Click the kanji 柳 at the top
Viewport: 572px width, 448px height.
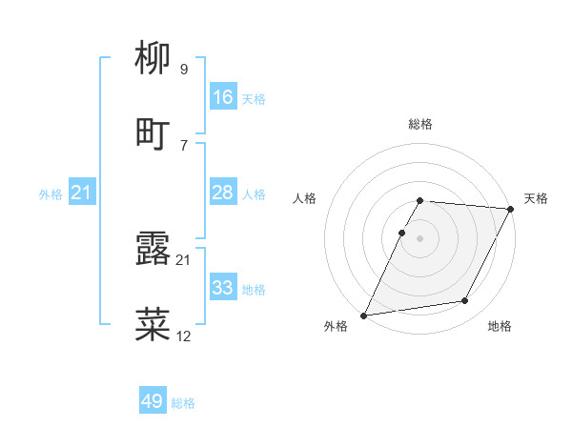(x=153, y=61)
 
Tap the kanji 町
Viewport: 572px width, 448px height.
(x=153, y=134)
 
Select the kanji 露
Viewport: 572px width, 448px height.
(x=153, y=251)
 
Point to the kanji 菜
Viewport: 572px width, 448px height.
(x=153, y=324)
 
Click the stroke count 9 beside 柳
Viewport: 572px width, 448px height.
(x=184, y=70)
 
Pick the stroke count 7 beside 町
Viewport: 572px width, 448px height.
(x=184, y=144)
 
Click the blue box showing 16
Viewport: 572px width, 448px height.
(x=223, y=97)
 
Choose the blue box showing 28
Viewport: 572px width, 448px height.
(x=223, y=193)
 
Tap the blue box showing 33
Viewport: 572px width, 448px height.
(x=223, y=288)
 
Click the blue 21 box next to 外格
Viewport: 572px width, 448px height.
(x=82, y=193)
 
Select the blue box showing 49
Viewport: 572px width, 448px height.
(x=153, y=402)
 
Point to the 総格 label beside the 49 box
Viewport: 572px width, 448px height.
(x=183, y=403)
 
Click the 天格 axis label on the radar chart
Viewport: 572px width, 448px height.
(x=536, y=198)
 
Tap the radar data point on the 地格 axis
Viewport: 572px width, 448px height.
(x=465, y=301)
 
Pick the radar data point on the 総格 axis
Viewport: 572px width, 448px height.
(x=419, y=200)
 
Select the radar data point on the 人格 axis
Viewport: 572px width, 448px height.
(x=401, y=233)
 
